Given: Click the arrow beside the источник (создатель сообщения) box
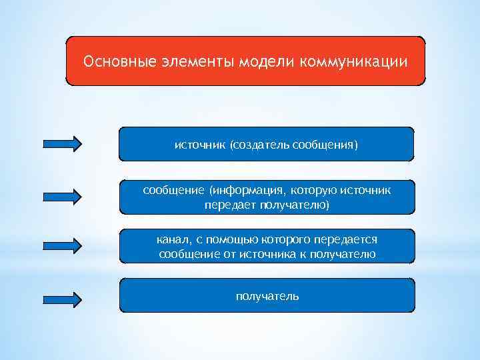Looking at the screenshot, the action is pos(62,143).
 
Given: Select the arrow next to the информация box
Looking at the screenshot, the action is pos(62,196).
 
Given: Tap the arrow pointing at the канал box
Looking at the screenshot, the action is pos(62,245).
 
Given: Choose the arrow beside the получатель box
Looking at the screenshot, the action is pos(62,299).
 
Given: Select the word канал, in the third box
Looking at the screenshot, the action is pos(175,238).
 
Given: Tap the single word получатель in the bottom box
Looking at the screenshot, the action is pos(267,295).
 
